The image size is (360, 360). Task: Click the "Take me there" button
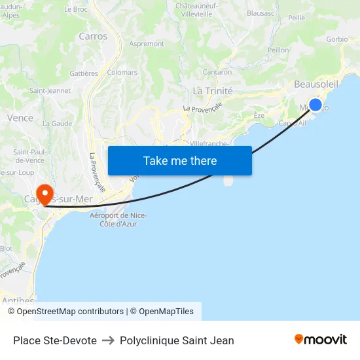pyautogui.click(x=180, y=160)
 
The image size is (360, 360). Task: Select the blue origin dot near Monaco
pyautogui.click(x=315, y=105)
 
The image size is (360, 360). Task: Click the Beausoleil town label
pyautogui.click(x=316, y=84)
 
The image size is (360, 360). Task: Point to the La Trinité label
pyautogui.click(x=213, y=91)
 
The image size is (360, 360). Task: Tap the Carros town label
pyautogui.click(x=93, y=37)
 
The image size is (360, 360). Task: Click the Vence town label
pyautogui.click(x=20, y=118)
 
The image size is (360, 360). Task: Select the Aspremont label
pyautogui.click(x=147, y=44)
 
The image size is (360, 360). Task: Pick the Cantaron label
pyautogui.click(x=217, y=72)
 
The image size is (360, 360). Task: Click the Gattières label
pyautogui.click(x=83, y=74)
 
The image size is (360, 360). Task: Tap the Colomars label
pyautogui.click(x=122, y=73)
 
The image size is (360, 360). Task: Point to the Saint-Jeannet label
pyautogui.click(x=50, y=91)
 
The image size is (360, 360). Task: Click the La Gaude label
pyautogui.click(x=57, y=123)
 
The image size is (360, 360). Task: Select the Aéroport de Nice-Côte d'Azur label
pyautogui.click(x=118, y=220)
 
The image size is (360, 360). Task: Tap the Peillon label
pyautogui.click(x=278, y=50)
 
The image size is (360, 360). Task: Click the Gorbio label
pyautogui.click(x=337, y=39)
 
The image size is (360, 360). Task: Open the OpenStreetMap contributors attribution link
pyautogui.click(x=70, y=312)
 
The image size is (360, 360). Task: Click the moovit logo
pyautogui.click(x=321, y=340)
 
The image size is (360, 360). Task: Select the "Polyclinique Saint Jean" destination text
pyautogui.click(x=177, y=340)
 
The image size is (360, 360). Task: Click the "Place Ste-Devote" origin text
pyautogui.click(x=55, y=340)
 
